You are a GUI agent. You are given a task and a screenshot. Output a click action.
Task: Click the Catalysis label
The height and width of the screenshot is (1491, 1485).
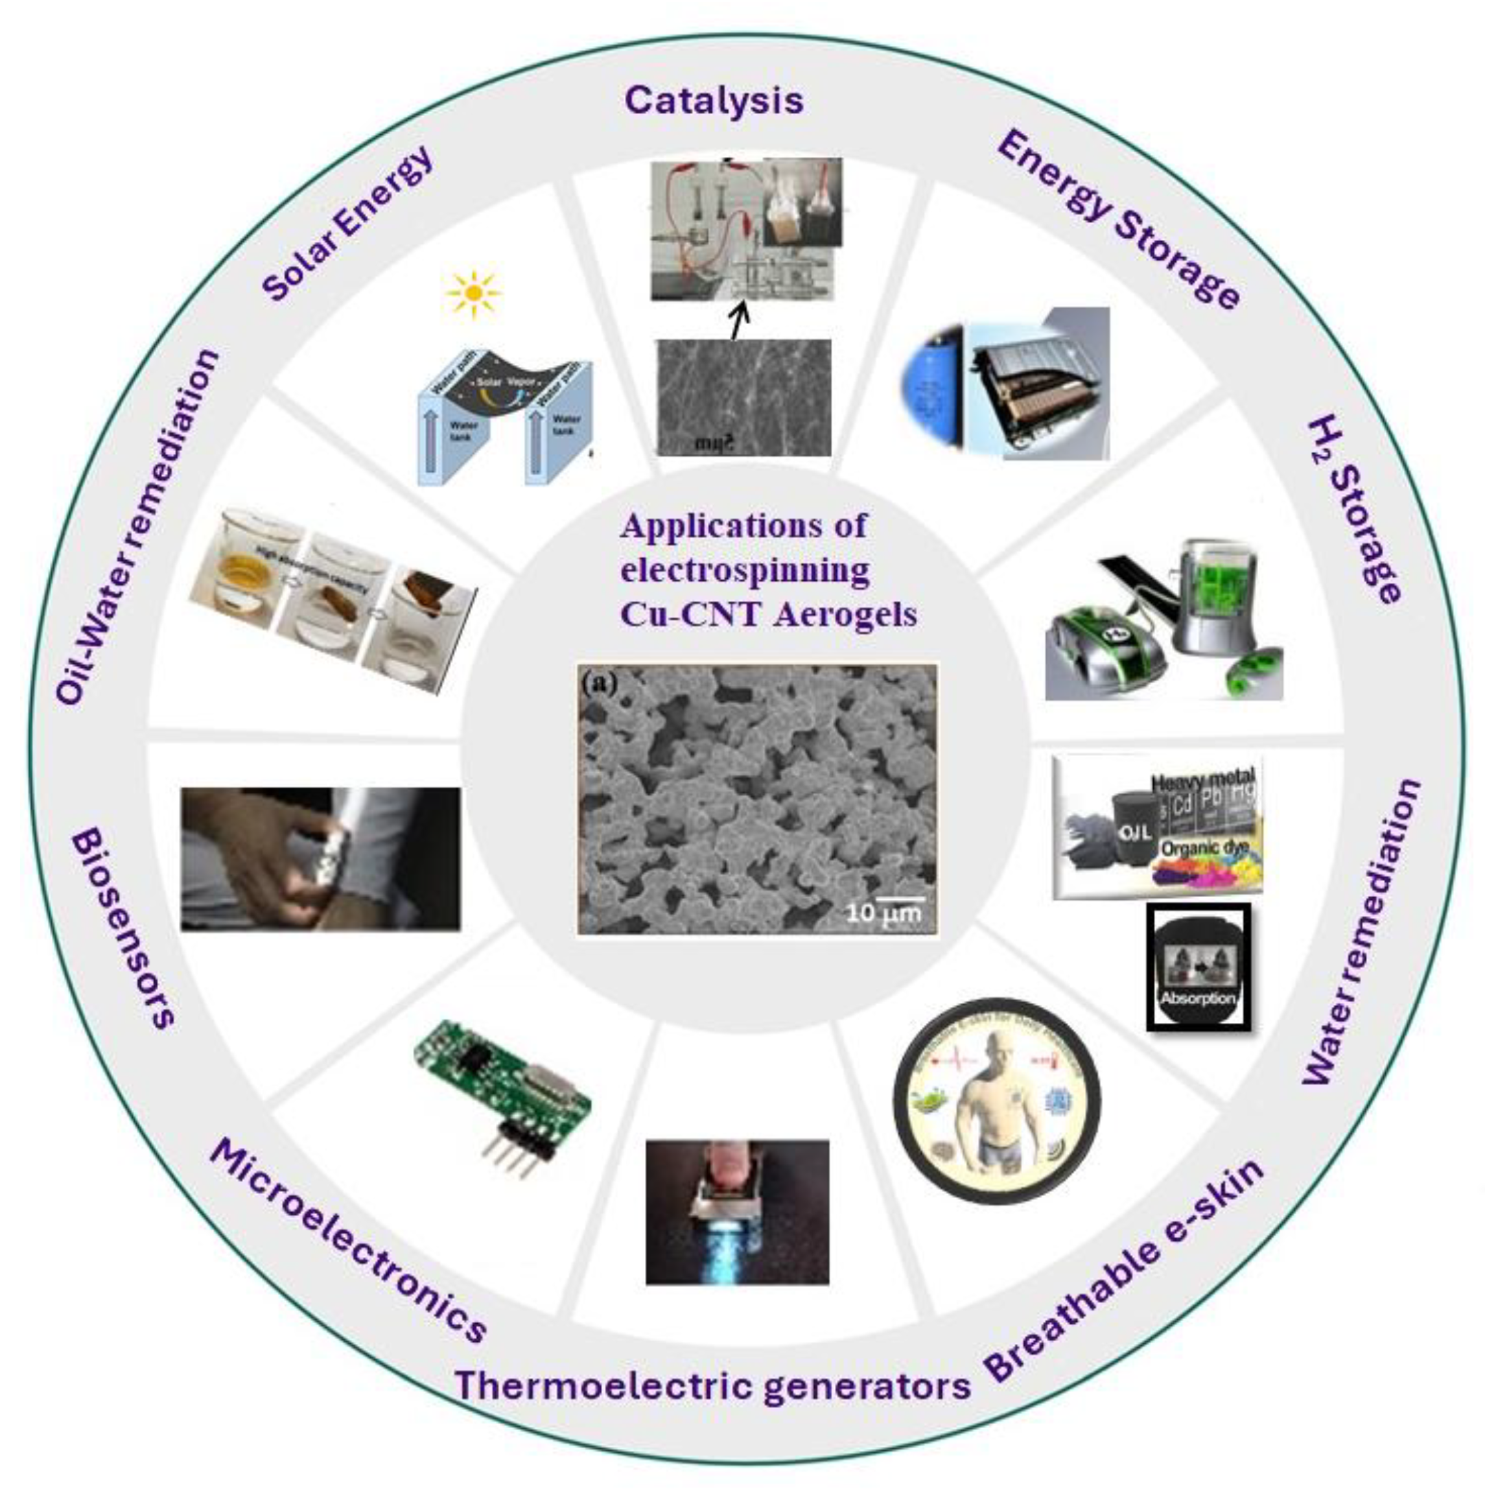(714, 101)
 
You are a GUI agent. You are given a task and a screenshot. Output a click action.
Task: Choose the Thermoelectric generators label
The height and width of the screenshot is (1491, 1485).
(712, 1385)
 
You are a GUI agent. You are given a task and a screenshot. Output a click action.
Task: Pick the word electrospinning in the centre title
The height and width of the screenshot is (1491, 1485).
(745, 570)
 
